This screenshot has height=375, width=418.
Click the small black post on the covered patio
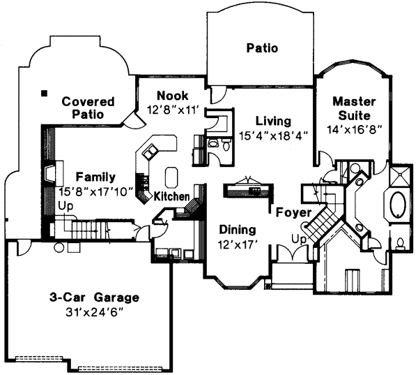44,92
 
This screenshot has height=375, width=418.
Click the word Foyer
288,212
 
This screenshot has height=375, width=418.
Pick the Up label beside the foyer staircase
300,238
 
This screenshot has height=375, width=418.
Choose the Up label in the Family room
66,206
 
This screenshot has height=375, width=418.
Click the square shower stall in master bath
401,175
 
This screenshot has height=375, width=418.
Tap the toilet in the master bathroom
401,244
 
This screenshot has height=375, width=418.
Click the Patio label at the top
262,48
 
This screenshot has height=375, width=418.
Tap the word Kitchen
171,196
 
